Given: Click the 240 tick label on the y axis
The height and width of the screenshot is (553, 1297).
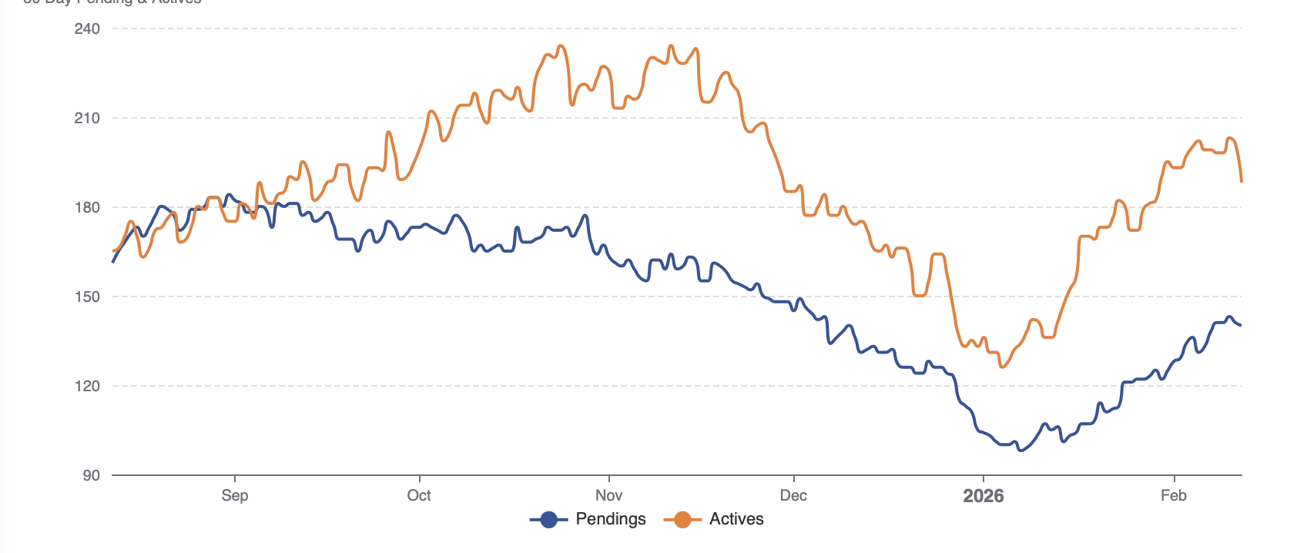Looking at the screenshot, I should (87, 29).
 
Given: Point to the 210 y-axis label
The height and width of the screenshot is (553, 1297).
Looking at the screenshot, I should (87, 119).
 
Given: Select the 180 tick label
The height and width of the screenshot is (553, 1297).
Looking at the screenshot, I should (87, 208).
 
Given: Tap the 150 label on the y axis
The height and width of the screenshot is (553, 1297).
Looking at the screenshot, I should (87, 297).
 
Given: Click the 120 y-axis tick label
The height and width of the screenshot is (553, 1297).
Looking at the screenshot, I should (87, 387).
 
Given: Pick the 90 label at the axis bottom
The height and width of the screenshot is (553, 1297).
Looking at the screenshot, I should (91, 476).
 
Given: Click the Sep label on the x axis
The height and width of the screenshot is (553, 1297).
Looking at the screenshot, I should (235, 495).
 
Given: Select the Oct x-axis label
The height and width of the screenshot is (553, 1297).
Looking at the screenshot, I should (419, 495).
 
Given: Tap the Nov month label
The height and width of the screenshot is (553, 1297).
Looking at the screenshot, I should (608, 495).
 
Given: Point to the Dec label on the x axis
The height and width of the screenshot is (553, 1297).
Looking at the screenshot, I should (793, 495).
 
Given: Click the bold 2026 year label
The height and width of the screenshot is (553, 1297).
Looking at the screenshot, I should (984, 496).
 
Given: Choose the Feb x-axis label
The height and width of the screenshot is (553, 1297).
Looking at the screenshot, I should (1173, 495).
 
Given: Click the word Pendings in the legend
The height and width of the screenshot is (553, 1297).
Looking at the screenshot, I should (611, 519).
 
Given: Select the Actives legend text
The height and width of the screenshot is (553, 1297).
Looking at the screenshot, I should (736, 519).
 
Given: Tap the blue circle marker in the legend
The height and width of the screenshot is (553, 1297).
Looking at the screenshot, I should (548, 520).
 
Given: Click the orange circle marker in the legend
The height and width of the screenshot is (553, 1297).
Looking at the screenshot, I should (682, 520).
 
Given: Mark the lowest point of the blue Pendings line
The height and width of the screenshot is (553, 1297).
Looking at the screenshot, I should (1021, 451).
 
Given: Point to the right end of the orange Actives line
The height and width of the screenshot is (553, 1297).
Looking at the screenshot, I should (1242, 182).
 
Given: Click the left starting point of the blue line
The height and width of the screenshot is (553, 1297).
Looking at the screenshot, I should (113, 262).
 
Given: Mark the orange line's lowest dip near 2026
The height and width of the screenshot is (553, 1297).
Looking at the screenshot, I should (1002, 367).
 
